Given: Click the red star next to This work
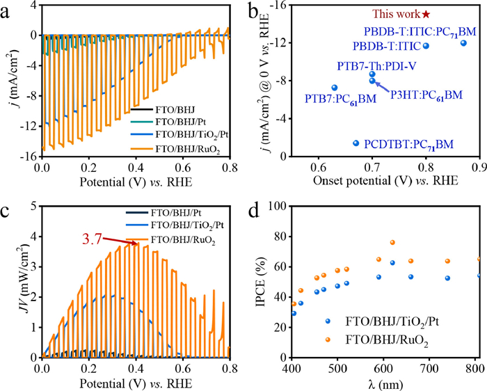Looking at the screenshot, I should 426,14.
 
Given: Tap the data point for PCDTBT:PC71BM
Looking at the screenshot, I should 356,143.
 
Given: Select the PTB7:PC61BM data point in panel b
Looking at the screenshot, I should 335,88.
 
